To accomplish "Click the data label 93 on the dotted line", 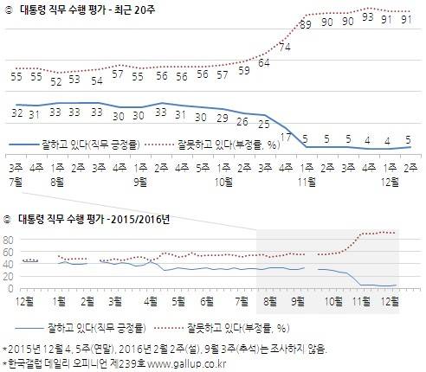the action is coord(368,17).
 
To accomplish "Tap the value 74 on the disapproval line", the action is coord(285,47).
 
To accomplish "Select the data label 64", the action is coord(264,63).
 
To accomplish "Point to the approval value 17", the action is coord(286,138).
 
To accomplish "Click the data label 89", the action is coord(306,24).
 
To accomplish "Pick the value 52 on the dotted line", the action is coord(56,82).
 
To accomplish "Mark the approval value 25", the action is coord(264,125).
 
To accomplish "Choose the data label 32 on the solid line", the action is coord(17,112).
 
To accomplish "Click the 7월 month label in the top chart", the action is coord(16,182).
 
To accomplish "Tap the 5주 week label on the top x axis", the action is coord(203,168).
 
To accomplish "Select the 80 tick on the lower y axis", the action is coord(8,240).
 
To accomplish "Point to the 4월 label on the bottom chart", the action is coord(151,302).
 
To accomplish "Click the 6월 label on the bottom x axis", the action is coord(207,302).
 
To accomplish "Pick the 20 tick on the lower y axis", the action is coord(8,277).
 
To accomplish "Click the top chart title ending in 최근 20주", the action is coord(87,10).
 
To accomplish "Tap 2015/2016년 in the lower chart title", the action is coord(140,220).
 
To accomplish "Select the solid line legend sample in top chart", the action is coord(23,144).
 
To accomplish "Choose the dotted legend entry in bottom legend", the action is coord(222,328).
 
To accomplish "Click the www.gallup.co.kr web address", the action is coord(187,364).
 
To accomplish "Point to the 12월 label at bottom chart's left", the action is coord(24,302).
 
